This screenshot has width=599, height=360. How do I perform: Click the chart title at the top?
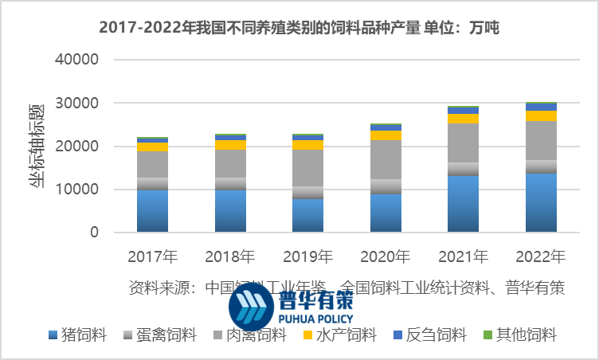[x=299, y=28]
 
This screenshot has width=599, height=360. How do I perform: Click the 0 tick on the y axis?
[x=93, y=233]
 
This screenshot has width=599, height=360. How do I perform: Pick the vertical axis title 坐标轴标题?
[x=37, y=147]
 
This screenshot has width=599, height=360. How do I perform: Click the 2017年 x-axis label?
[x=153, y=256]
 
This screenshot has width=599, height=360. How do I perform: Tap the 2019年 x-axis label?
[x=307, y=256]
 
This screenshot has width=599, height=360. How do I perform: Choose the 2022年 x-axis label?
[x=540, y=256]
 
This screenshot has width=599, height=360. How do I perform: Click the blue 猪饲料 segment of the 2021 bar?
[x=463, y=204]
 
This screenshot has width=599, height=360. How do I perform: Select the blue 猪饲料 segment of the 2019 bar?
[x=307, y=215]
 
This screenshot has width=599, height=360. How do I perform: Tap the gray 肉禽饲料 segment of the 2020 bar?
[x=385, y=159]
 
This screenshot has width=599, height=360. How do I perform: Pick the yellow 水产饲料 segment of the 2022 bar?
[x=540, y=115]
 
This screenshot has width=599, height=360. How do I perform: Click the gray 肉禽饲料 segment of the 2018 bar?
[x=230, y=163]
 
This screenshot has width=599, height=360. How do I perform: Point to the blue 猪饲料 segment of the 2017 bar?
[x=153, y=211]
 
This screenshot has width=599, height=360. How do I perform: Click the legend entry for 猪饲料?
[x=78, y=335]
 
